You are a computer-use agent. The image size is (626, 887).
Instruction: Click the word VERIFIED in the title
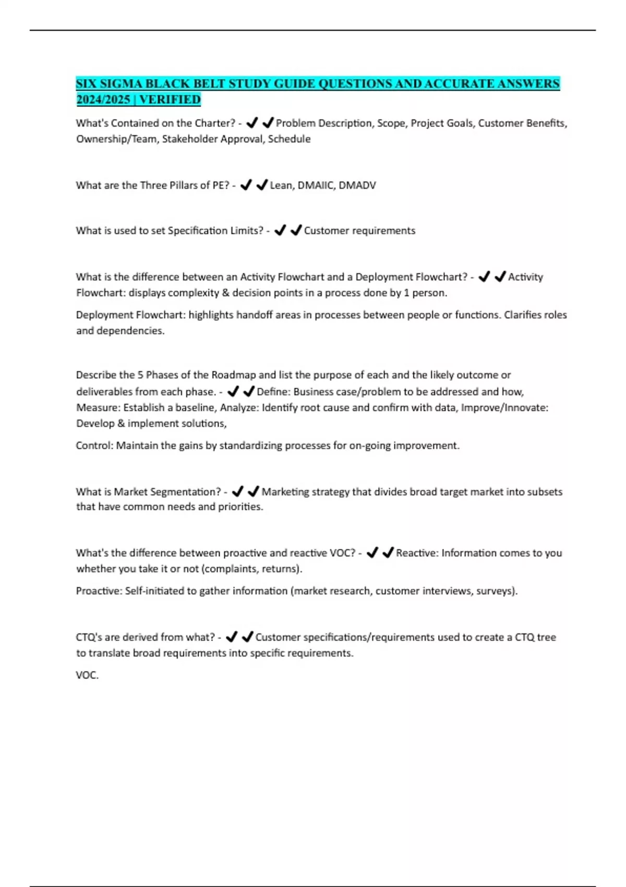(x=170, y=99)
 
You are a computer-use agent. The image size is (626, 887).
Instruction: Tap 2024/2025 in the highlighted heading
(x=103, y=99)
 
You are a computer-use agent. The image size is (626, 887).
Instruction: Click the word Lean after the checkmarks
(x=281, y=185)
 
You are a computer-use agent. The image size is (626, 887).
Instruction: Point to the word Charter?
(x=215, y=123)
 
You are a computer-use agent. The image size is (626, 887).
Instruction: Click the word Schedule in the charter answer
(x=289, y=139)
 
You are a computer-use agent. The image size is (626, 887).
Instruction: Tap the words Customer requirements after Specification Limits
(x=359, y=231)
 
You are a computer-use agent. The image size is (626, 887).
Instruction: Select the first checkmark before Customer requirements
(x=280, y=230)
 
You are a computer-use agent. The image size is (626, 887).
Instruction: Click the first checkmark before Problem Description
(x=252, y=123)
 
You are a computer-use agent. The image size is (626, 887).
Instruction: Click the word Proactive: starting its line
(x=99, y=591)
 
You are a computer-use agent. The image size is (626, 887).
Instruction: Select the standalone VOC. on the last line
(x=87, y=675)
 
